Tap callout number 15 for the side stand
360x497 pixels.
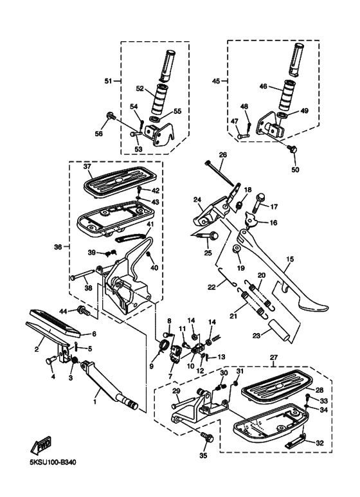coord(290,259)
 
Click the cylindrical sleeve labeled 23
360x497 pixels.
coord(279,331)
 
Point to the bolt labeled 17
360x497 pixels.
coord(259,203)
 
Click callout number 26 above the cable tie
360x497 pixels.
coord(223,155)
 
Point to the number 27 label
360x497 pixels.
coord(273,357)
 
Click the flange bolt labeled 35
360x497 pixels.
coord(208,437)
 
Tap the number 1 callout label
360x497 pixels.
coord(94,402)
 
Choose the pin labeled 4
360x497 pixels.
coord(51,360)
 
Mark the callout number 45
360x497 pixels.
coord(216,81)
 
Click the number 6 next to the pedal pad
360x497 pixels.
coord(94,334)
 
